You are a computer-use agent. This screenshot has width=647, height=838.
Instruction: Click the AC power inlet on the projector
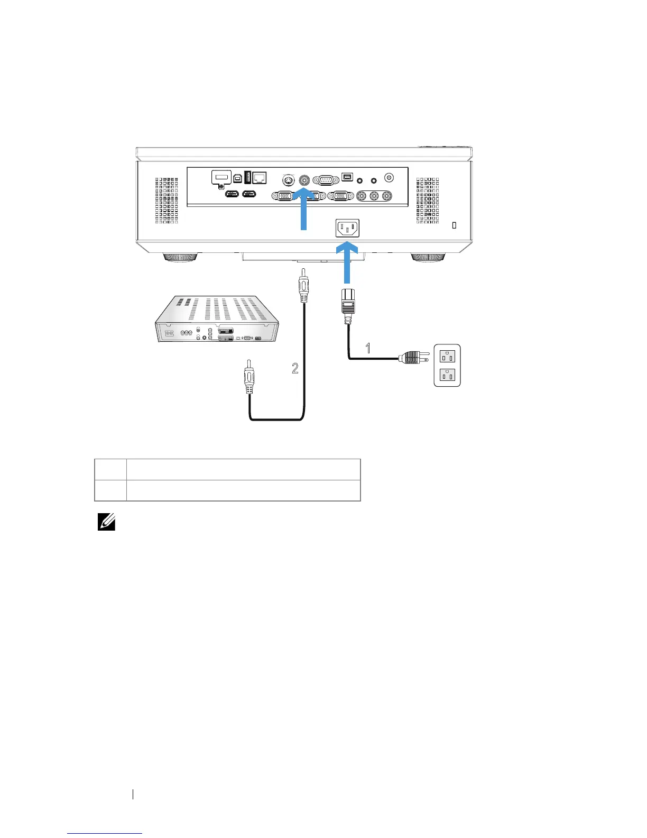(x=348, y=229)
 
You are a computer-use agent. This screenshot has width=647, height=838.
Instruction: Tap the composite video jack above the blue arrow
(x=304, y=179)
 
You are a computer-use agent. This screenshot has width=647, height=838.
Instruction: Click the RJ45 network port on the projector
(x=260, y=178)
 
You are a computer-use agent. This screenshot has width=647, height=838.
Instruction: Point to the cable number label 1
(x=368, y=348)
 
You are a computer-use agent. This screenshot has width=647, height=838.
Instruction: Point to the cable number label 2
(x=295, y=368)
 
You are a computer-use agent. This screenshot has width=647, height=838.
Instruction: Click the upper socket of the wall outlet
(x=447, y=356)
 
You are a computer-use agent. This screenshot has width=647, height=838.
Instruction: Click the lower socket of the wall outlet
(x=447, y=376)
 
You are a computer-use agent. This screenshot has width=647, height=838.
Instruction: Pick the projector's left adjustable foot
(x=181, y=258)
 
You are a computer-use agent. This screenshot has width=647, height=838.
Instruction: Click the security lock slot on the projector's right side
(x=455, y=225)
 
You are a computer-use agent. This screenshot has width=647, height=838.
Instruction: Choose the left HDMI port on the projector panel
(x=233, y=194)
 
